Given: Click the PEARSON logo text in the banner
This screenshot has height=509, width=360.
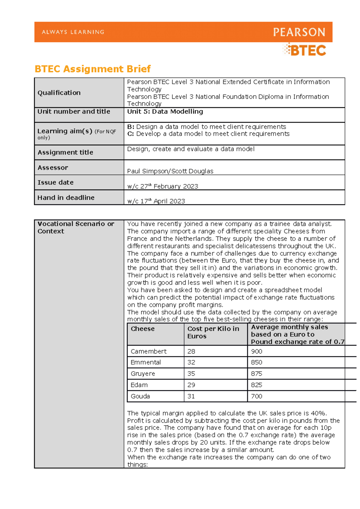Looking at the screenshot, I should pos(299,32).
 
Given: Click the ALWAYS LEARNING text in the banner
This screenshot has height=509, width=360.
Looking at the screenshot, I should pos(73,32).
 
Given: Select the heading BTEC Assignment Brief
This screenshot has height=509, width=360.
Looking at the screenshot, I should pos(92,69).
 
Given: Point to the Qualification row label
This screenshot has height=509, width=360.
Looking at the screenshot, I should pos(59,93).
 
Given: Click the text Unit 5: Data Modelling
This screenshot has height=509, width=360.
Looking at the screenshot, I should pos(165,112).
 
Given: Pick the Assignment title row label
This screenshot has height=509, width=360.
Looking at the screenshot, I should pos(65,152).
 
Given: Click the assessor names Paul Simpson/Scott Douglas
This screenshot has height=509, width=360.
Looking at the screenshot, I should pos(170,171).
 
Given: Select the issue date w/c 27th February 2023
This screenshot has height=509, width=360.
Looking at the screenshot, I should pos(163,186).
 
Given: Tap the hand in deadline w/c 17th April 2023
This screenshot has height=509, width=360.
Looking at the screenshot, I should pos(156,201).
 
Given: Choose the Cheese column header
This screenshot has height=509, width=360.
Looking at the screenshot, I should pos(142,329).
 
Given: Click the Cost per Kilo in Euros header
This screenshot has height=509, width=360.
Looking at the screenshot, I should pos(213,332).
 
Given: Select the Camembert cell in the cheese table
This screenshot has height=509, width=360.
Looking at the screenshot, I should pos(148,351).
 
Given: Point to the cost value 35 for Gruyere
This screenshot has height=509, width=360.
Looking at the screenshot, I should pos(191,374).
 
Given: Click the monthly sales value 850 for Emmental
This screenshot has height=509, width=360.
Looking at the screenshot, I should pos(256,362).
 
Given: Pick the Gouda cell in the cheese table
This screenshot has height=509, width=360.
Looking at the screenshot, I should pos(140,396).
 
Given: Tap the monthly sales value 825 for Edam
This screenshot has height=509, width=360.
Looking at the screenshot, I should pos(256,385).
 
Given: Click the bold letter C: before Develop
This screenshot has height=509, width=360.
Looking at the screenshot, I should pos(130,134).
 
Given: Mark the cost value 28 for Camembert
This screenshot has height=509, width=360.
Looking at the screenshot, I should pos(191,351).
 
